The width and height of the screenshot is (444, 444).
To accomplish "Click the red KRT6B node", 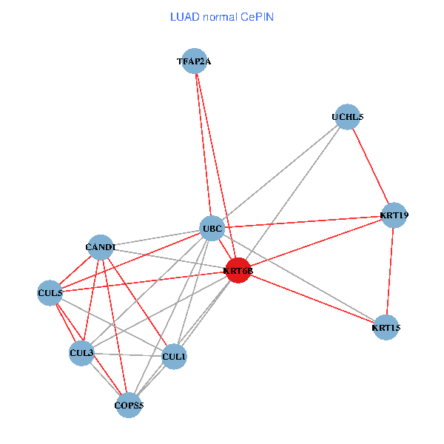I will pyautogui.click(x=238, y=271).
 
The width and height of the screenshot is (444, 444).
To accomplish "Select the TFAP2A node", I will pyautogui.click(x=194, y=61).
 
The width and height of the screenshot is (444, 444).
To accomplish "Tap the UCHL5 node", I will pyautogui.click(x=347, y=117).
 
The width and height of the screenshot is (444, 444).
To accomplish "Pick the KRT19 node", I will pyautogui.click(x=394, y=215).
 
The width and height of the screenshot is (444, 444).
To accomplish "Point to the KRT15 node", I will pyautogui.click(x=386, y=327).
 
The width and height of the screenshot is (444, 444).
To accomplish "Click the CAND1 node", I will pyautogui.click(x=100, y=246).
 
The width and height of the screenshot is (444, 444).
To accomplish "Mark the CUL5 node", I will pyautogui.click(x=50, y=292).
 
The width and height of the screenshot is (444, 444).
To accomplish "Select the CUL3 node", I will pyautogui.click(x=81, y=353).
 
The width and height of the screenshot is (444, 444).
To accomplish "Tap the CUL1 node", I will pyautogui.click(x=174, y=357).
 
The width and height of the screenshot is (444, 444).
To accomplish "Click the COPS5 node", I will pyautogui.click(x=129, y=405).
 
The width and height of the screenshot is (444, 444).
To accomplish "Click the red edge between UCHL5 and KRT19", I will pyautogui.click(x=370, y=166).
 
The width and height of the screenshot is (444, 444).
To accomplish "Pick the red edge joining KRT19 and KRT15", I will pyautogui.click(x=390, y=271).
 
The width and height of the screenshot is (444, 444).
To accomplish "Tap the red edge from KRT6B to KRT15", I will pyautogui.click(x=312, y=299).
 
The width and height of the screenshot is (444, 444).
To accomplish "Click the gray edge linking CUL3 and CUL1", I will pyautogui.click(x=127, y=354).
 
